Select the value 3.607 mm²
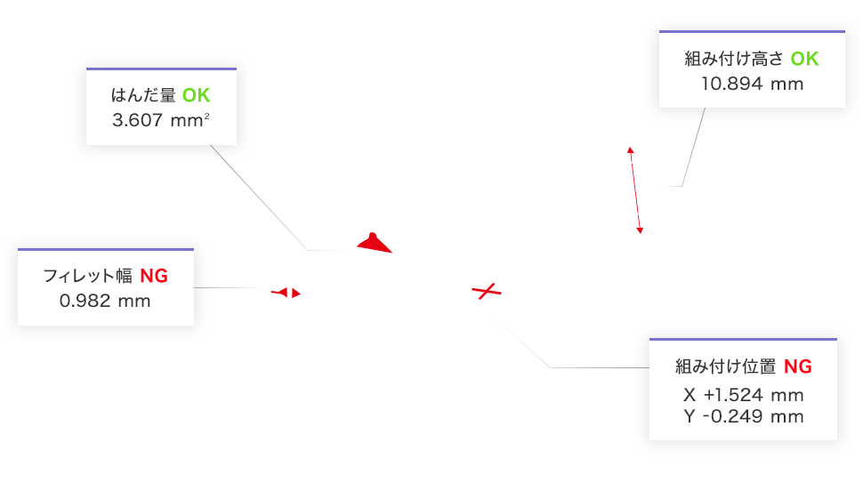[x=160, y=120]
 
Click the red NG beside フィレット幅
[x=154, y=277]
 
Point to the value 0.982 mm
[x=105, y=301]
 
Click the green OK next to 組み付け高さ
[x=804, y=60]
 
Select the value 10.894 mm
[x=752, y=84]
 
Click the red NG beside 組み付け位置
[x=798, y=366]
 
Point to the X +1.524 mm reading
[x=744, y=394]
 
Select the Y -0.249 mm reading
[x=744, y=416]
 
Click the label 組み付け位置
[x=727, y=366]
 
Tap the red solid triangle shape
[x=375, y=243]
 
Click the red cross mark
[x=486, y=290]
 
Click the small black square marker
[x=634, y=154]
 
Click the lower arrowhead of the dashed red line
[x=640, y=231]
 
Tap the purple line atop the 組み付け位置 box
[x=743, y=340]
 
